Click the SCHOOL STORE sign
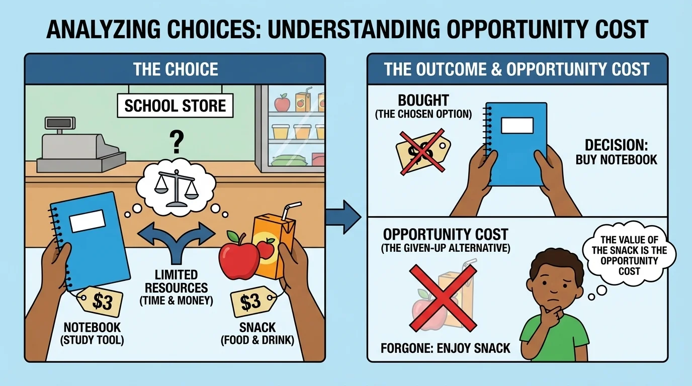pos(175,106)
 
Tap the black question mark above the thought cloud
pos(177,142)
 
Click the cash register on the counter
pos(81,145)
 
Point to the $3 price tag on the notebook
pos(99,302)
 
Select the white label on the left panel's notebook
pos(88,221)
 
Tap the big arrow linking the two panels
pos(343,217)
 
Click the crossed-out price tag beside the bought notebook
pos(422,152)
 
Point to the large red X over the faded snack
pos(443,298)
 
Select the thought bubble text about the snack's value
pos(629,255)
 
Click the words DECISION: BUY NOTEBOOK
pos(617,152)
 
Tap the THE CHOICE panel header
pos(175,69)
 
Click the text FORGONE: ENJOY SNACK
pos(445,348)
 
